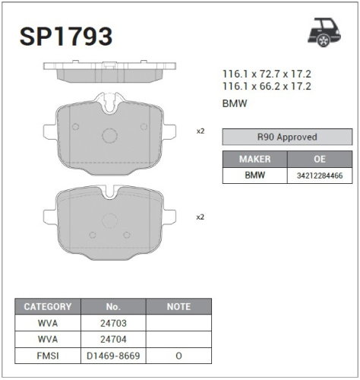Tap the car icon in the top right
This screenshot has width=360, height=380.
tap(325, 31)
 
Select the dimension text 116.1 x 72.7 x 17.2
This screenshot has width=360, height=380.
tap(267, 74)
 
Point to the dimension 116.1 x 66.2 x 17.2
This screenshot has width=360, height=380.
tap(267, 87)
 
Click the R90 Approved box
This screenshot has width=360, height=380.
tap(287, 138)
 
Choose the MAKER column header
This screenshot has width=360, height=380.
tap(254, 160)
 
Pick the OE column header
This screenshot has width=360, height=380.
tap(320, 160)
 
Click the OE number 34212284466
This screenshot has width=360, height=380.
tap(320, 176)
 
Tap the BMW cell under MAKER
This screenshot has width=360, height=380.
tap(254, 176)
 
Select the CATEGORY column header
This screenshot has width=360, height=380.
tap(48, 307)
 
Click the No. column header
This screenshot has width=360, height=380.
tap(113, 307)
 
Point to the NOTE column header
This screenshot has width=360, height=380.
tap(178, 307)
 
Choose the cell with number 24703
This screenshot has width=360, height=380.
tap(113, 323)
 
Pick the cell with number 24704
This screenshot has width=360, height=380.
tap(113, 338)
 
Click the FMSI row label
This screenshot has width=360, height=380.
tap(48, 354)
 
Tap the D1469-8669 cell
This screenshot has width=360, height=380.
tap(113, 354)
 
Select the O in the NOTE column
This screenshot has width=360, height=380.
tap(178, 354)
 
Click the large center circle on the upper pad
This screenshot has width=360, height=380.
tap(109, 136)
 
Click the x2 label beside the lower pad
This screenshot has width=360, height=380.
tap(201, 217)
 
